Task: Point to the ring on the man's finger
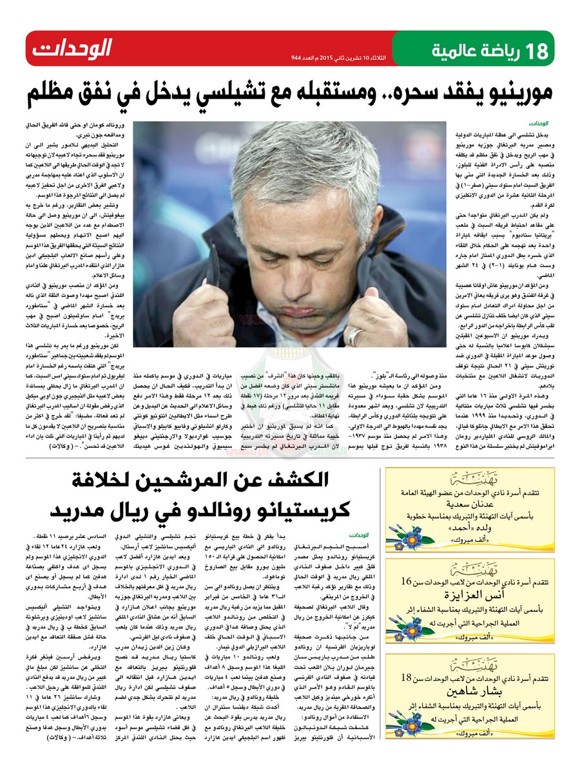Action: click(354, 336)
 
